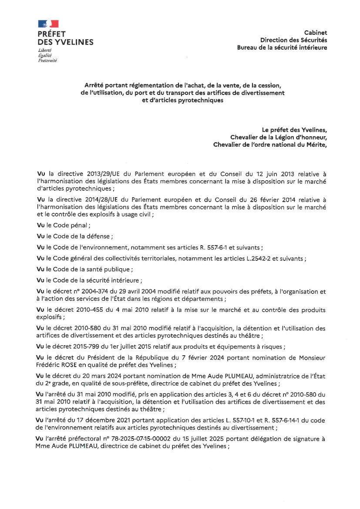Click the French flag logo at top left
[48, 24]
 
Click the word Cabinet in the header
[316, 33]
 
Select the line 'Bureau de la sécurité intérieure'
[282, 47]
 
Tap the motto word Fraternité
[47, 61]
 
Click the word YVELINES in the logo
[72, 42]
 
